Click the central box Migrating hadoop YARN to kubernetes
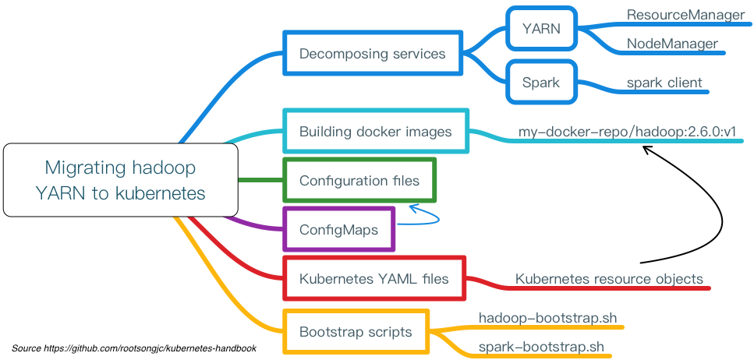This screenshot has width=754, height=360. tap(120, 180)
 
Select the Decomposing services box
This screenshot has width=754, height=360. tap(372, 54)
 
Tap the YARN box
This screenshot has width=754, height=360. tap(541, 30)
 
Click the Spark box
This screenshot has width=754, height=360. tap(541, 83)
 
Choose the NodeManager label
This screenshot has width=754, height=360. tap(672, 44)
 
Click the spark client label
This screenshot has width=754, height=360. tap(664, 83)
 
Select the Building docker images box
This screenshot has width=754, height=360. tap(375, 132)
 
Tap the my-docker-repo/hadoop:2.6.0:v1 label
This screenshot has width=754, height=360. tap(628, 132)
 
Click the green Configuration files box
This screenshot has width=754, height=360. tap(359, 181)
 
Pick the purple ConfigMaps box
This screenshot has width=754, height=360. tap(338, 230)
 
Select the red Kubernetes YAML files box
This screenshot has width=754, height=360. tap(374, 278)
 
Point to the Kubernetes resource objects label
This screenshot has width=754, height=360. tap(609, 279)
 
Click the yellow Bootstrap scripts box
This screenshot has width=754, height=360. tap(356, 332)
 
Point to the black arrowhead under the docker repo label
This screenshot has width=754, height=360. tap(647, 149)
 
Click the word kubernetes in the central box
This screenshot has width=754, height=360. tap(160, 193)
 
